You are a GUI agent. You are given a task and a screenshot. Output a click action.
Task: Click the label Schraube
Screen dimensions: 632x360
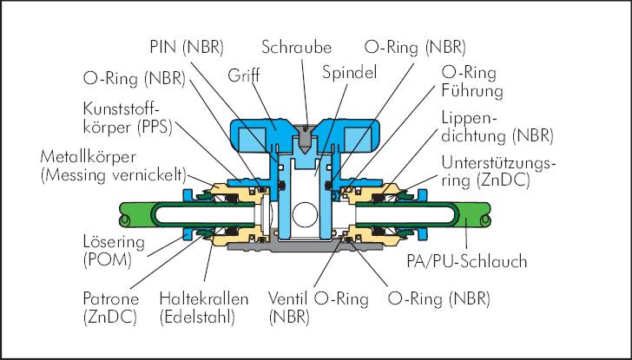(x=296, y=47)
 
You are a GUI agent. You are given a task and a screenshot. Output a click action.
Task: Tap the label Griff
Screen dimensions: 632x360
(x=243, y=75)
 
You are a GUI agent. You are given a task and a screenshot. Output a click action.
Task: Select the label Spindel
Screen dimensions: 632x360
(x=350, y=73)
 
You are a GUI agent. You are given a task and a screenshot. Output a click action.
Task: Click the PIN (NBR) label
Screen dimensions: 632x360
(x=186, y=47)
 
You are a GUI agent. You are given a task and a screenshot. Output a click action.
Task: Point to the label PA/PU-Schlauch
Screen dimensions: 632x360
(x=467, y=261)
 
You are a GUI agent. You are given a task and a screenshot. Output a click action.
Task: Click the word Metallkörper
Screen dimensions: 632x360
(x=89, y=157)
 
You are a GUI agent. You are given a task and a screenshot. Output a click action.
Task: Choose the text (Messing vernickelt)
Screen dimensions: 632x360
(x=114, y=176)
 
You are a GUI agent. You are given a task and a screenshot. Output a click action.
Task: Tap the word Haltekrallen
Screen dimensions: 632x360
(x=204, y=299)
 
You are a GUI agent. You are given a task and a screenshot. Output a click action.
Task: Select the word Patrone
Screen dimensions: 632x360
(x=111, y=299)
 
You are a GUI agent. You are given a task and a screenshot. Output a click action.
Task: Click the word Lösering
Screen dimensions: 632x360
(x=114, y=242)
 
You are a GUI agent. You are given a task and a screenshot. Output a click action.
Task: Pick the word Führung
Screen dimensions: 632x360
(x=472, y=90)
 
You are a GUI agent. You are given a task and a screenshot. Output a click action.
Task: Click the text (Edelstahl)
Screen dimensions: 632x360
(x=197, y=317)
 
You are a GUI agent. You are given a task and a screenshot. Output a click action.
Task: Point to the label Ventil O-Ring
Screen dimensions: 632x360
(x=319, y=299)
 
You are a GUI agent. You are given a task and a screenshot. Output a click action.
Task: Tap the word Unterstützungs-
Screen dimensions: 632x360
(x=498, y=163)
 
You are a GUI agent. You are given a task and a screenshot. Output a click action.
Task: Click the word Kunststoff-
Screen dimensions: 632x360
(x=122, y=108)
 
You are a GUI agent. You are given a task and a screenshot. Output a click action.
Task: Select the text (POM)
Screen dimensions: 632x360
(x=108, y=260)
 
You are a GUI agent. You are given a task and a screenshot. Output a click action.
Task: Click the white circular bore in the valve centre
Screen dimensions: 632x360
(x=305, y=214)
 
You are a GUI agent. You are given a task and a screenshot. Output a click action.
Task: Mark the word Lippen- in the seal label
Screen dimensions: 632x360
(x=470, y=118)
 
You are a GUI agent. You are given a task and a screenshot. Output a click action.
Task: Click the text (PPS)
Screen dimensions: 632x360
(x=155, y=128)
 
